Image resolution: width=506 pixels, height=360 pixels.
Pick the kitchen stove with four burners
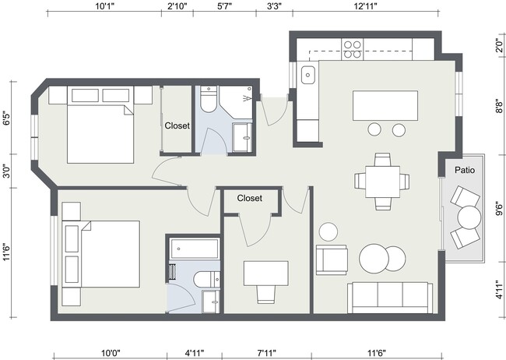[x=352, y=49]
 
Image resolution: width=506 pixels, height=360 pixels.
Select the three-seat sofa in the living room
[x=390, y=296]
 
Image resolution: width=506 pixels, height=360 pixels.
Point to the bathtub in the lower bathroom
[x=194, y=250]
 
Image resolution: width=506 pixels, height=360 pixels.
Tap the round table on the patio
[x=469, y=216]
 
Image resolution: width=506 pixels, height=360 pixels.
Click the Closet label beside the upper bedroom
[x=177, y=125]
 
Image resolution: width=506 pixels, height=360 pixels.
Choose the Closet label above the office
[x=249, y=198]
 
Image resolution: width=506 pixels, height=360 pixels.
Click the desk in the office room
[x=265, y=273]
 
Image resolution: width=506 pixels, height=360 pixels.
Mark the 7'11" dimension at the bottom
[x=267, y=353]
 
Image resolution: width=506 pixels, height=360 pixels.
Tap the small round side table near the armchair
[x=329, y=231]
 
